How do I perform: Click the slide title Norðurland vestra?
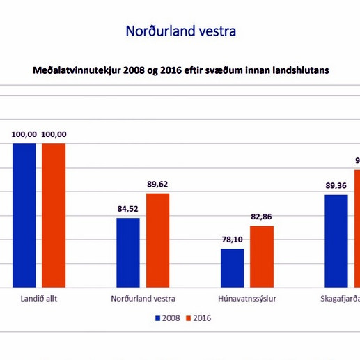point(180,31)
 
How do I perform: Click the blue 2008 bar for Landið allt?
point(24,215)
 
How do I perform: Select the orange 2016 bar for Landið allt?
point(54,215)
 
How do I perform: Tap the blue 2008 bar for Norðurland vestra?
point(128,252)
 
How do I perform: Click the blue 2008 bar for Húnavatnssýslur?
point(233,267)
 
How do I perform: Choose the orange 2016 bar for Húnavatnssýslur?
point(262,256)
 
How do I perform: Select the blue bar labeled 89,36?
point(337,240)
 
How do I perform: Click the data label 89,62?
point(158,184)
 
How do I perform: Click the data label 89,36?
point(337,185)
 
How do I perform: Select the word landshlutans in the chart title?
point(299,70)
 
